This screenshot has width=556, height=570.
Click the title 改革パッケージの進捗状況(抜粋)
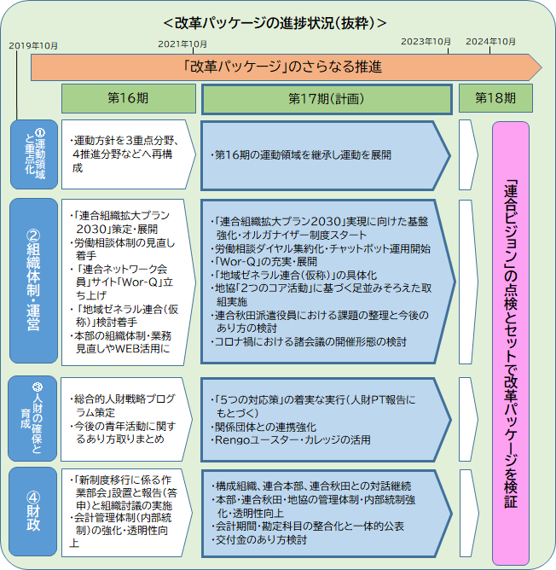tap(275, 23)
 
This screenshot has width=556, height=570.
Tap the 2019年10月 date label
tap(33, 46)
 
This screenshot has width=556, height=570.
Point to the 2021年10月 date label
tap(182, 44)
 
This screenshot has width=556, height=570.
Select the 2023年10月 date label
tap(426, 42)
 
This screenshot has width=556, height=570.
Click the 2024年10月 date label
tap(490, 42)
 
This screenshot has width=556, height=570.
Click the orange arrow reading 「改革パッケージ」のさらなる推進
tap(286, 67)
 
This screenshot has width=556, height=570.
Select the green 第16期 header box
tap(129, 98)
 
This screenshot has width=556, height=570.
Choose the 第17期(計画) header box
tap(327, 99)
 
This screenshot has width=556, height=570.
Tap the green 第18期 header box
tap(495, 98)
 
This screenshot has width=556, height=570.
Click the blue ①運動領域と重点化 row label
tap(34, 154)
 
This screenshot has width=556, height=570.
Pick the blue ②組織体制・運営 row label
tap(33, 281)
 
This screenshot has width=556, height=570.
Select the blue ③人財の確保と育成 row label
tap(32, 418)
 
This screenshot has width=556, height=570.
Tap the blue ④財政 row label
tap(32, 511)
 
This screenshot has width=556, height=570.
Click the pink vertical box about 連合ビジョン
tap(511, 344)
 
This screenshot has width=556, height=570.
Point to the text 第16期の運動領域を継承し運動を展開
tap(301, 155)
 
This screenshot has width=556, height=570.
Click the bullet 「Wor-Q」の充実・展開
tap(264, 262)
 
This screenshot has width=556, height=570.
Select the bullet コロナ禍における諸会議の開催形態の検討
tap(309, 342)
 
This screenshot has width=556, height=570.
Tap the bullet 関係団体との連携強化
tap(264, 427)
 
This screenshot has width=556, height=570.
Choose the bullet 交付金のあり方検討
tap(258, 540)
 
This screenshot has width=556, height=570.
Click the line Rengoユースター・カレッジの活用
tap(290, 440)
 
